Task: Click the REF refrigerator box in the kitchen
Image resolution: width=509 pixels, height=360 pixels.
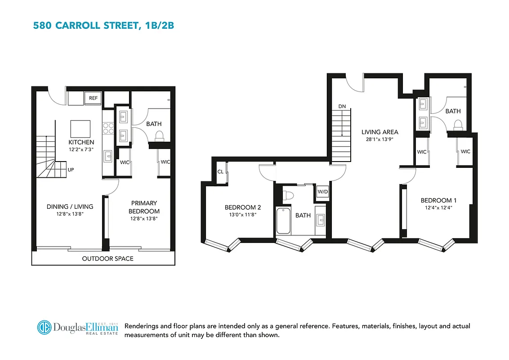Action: tap(94, 98)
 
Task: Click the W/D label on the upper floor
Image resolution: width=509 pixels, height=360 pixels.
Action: tap(323, 191)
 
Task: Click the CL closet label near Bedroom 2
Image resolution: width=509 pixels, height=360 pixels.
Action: tap(220, 172)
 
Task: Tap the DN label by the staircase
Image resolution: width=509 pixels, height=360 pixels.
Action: tap(342, 106)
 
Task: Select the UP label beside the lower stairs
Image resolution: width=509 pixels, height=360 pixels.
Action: tap(71, 170)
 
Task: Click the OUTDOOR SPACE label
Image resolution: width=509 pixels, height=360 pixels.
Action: tap(107, 259)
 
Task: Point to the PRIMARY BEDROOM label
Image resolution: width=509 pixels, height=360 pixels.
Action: tap(144, 207)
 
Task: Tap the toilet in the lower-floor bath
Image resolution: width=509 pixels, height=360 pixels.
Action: tap(159, 135)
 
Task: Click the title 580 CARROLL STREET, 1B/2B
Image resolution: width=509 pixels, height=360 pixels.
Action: tap(103, 26)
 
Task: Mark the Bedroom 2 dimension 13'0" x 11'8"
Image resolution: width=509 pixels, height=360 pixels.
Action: tap(243, 215)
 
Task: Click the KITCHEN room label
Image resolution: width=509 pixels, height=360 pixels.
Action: tap(81, 142)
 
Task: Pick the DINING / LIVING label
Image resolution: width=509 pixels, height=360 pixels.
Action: tap(70, 207)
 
